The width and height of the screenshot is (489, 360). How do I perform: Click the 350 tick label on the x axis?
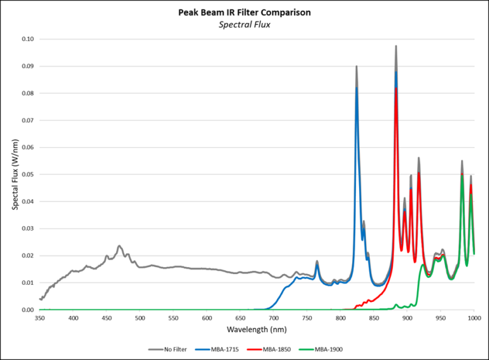pos(40,317)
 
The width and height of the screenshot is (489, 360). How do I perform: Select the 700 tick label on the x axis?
pos(274,317)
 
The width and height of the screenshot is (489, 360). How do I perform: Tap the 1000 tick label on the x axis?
pos(473,317)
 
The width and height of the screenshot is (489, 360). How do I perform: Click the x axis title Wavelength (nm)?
pos(257,330)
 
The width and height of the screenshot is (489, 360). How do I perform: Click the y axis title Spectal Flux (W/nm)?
pos(14,174)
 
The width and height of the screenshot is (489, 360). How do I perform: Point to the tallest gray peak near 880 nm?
pos(396,47)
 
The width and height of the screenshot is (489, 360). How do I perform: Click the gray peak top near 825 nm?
pos(357,66)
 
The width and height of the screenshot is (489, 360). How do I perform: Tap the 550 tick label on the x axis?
pos(174,317)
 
